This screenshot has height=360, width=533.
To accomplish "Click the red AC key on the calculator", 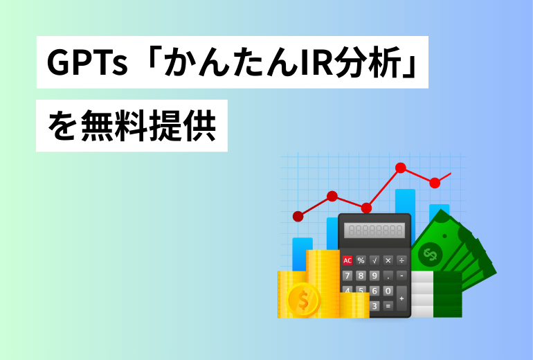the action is pyautogui.click(x=347, y=261).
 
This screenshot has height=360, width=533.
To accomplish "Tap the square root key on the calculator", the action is pyautogui.click(x=374, y=261).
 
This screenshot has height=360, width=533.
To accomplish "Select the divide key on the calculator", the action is pyautogui.click(x=401, y=261).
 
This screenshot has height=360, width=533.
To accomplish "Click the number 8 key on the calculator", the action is pyautogui.click(x=361, y=276).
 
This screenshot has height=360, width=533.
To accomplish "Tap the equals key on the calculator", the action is pyautogui.click(x=388, y=305).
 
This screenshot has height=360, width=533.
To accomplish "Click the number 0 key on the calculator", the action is pyautogui.click(x=388, y=291).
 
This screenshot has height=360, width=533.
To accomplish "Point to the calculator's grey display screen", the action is pyautogui.click(x=374, y=231).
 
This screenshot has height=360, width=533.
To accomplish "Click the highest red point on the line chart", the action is pyautogui.click(x=401, y=168).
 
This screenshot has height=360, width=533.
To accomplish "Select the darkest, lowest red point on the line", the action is pyautogui.click(x=298, y=216).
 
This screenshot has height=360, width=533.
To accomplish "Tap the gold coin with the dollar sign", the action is pyautogui.click(x=303, y=300).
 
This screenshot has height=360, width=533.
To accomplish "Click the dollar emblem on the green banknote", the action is pyautogui.click(x=430, y=254).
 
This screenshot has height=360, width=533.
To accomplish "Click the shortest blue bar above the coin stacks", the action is pyautogui.click(x=302, y=254).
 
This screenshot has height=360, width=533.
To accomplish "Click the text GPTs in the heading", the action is pyautogui.click(x=87, y=62).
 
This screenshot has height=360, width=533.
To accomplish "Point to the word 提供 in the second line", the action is pyautogui.click(x=183, y=125).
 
